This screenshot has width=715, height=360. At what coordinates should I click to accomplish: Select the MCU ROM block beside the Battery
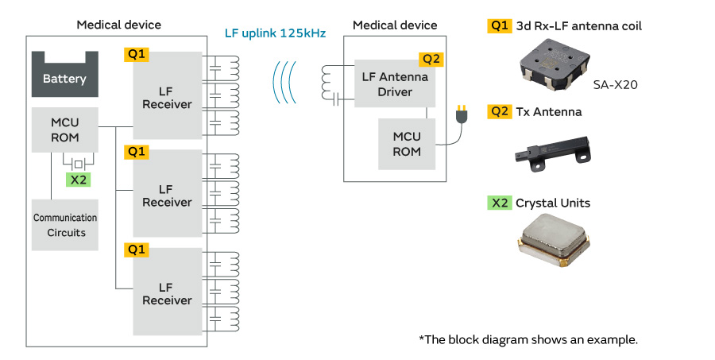click(64, 130)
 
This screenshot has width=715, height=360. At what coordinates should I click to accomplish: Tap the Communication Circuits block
click(64, 225)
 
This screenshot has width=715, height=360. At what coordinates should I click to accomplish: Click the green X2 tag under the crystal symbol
click(78, 180)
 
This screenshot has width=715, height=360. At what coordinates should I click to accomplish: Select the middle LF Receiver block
click(167, 195)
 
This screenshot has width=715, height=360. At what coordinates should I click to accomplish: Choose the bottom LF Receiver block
click(167, 293)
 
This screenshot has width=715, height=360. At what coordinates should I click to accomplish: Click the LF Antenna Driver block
click(395, 83)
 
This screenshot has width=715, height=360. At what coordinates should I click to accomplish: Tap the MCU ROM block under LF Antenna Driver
click(407, 144)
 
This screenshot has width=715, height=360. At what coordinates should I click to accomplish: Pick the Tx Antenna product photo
click(551, 149)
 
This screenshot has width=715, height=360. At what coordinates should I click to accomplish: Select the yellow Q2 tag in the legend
click(499, 112)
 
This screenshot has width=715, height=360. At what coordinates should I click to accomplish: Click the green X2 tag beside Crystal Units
click(499, 203)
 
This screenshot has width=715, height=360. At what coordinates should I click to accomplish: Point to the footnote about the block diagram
click(528, 339)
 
